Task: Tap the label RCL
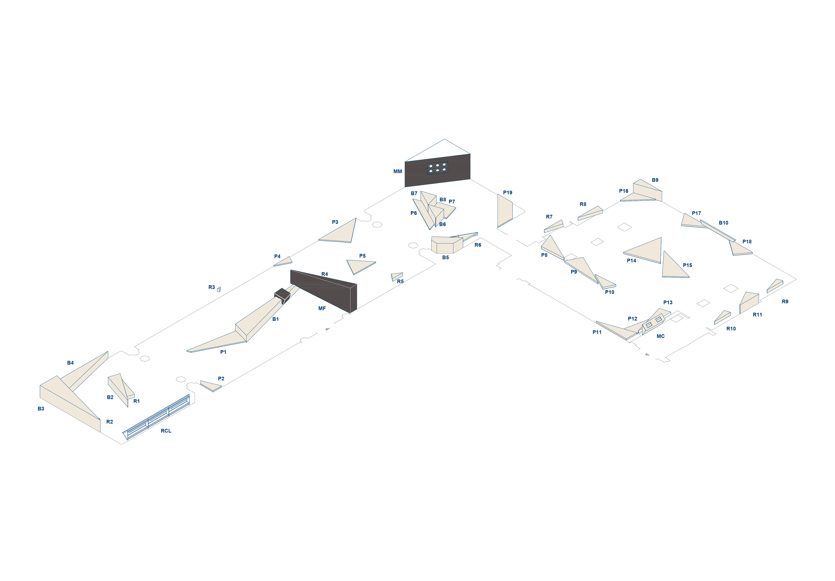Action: pyautogui.click(x=166, y=431)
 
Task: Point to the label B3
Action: pyautogui.click(x=41, y=409)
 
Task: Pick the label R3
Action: pyautogui.click(x=211, y=287)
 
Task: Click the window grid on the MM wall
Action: pyautogui.click(x=437, y=168)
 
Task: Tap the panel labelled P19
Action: pyautogui.click(x=505, y=211)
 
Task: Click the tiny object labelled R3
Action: pyautogui.click(x=219, y=289)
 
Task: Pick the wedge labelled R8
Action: pyautogui.click(x=590, y=213)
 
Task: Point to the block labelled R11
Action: pyautogui.click(x=749, y=302)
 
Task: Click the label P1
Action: pyautogui.click(x=223, y=352)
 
